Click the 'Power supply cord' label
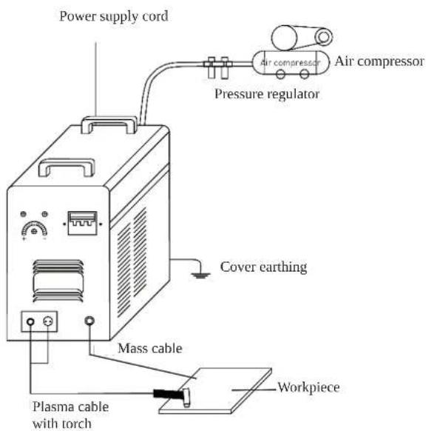[x=114, y=16]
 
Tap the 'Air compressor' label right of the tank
[x=379, y=61]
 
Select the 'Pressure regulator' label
[x=267, y=94]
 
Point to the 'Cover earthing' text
[x=263, y=267]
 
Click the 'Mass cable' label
[x=150, y=348]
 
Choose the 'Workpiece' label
[x=308, y=387]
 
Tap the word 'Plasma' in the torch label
[x=51, y=407]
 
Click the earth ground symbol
[x=201, y=275]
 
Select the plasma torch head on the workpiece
[x=186, y=397]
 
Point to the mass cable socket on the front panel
[x=89, y=321]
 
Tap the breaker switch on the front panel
[x=82, y=223]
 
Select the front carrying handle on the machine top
[x=67, y=167]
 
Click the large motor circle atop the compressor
[x=284, y=38]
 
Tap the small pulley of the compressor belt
[x=324, y=37]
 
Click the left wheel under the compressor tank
[x=280, y=74]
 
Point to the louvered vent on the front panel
[x=58, y=281]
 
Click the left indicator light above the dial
[x=24, y=214]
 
